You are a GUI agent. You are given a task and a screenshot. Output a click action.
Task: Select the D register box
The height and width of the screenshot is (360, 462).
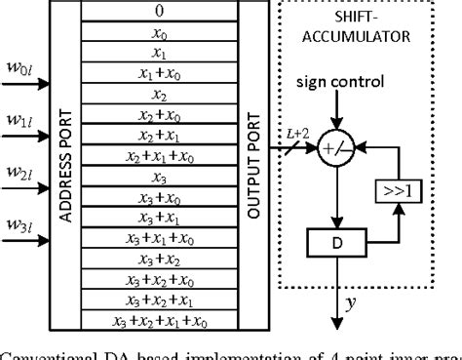340,239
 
